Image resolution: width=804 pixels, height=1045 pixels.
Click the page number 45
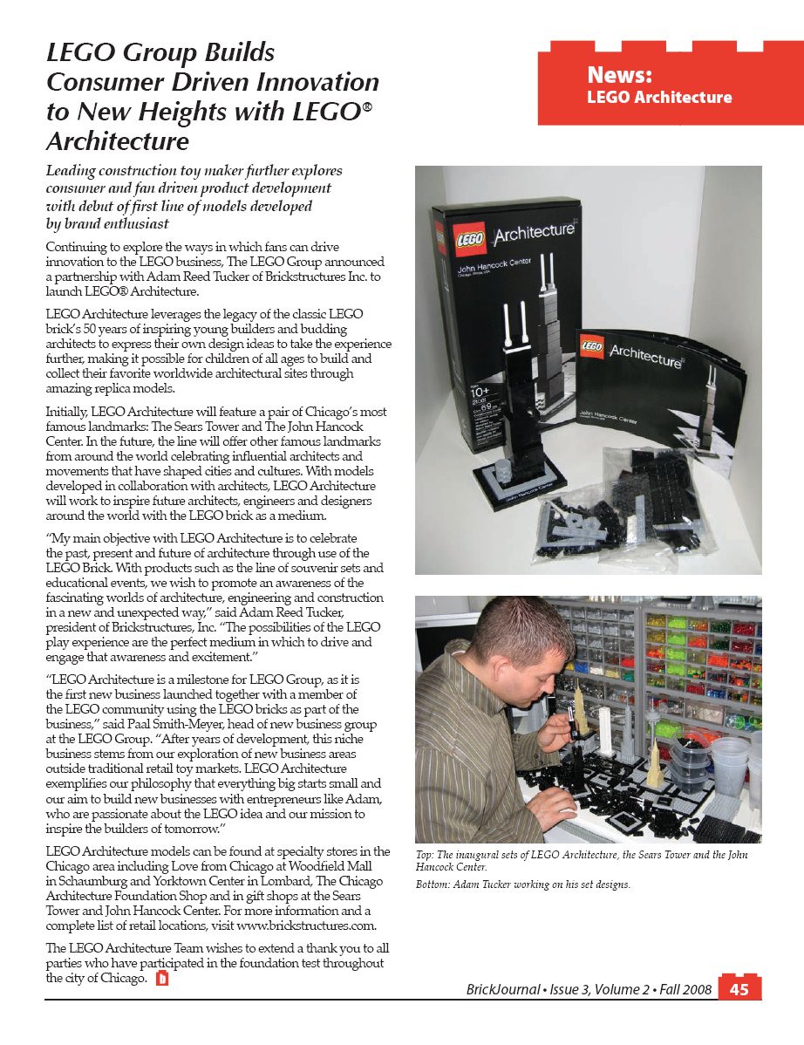(739, 989)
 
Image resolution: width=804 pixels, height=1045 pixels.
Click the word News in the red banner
(620, 74)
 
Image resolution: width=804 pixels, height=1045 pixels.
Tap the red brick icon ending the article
(160, 978)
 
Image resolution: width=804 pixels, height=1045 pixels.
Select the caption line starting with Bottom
(522, 884)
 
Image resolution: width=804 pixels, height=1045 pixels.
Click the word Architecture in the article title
(117, 140)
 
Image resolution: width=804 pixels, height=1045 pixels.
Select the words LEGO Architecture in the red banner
(659, 97)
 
